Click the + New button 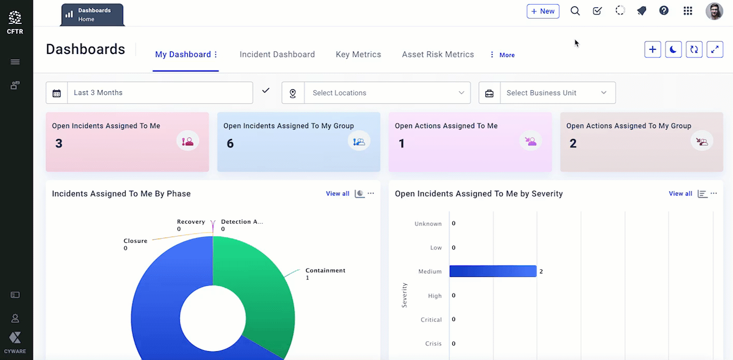point(543,11)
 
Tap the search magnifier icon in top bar point(575,11)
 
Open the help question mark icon point(664,11)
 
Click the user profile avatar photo point(714,11)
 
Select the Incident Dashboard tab point(277,54)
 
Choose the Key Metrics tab point(358,54)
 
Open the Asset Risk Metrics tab point(438,54)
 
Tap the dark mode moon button point(673,50)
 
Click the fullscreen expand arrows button point(714,50)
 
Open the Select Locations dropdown point(387,93)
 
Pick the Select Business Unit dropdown point(557,93)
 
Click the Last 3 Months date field point(160,93)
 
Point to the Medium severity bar point(492,271)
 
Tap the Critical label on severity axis point(431,320)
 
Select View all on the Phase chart point(337,193)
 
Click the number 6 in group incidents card point(230,144)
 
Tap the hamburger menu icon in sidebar point(15,62)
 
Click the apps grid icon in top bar point(688,11)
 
